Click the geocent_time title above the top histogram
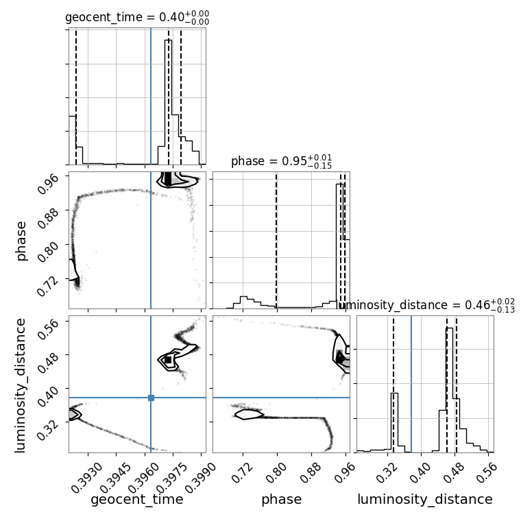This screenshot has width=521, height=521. [137, 17]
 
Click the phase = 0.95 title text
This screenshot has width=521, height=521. [281, 161]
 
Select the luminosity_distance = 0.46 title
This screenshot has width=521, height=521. [426, 305]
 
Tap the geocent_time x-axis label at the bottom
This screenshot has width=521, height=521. [137, 499]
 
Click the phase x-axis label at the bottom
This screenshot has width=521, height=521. [282, 499]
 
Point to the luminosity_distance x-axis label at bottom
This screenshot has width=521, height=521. [425, 499]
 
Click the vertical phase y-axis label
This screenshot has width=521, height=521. [21, 241]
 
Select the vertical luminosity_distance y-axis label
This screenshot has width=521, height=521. [20, 385]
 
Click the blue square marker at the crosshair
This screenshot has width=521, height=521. [151, 398]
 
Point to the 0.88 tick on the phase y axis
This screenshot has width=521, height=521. [48, 217]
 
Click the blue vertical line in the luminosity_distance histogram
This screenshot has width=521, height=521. [411, 384]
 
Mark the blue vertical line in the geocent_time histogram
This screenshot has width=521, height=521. [151, 97]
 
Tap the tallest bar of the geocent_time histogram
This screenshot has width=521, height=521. [169, 102]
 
